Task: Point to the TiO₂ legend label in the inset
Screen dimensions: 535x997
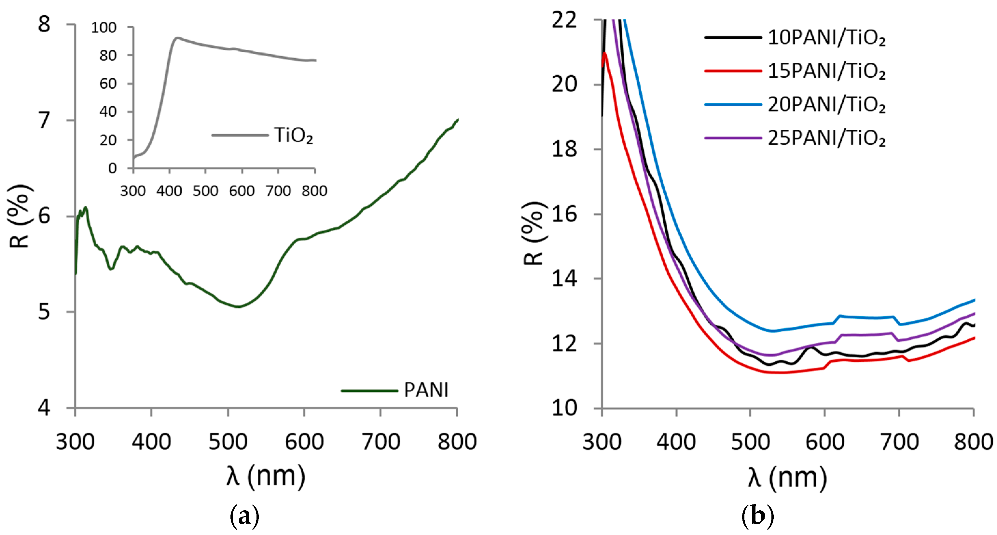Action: (293, 135)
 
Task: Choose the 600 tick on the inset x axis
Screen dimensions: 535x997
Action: (242, 191)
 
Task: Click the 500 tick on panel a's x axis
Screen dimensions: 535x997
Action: (228, 441)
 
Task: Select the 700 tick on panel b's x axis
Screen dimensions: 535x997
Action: (899, 441)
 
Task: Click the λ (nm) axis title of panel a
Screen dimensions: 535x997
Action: (266, 476)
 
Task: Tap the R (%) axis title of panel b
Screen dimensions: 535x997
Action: (533, 233)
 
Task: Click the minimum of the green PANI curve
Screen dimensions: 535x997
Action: (238, 307)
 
